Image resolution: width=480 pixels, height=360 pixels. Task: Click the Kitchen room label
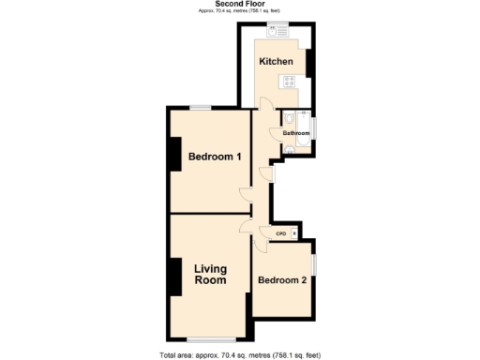tap(277, 62)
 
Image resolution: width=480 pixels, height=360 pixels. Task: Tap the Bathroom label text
tap(296, 133)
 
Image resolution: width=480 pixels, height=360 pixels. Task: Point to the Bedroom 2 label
tap(282, 280)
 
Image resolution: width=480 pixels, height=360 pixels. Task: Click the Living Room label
tap(210, 275)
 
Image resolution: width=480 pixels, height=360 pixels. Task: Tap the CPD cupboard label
tap(280, 233)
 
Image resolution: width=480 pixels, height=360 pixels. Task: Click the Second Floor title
tap(239, 5)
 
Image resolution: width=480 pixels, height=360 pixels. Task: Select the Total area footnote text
tap(240, 355)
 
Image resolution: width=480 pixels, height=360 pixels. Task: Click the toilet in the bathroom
tap(289, 119)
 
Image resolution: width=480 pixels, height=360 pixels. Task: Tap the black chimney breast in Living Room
tap(174, 276)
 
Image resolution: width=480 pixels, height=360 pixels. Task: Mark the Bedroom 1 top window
tap(200, 109)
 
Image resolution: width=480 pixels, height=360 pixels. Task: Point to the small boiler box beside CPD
tap(294, 233)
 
